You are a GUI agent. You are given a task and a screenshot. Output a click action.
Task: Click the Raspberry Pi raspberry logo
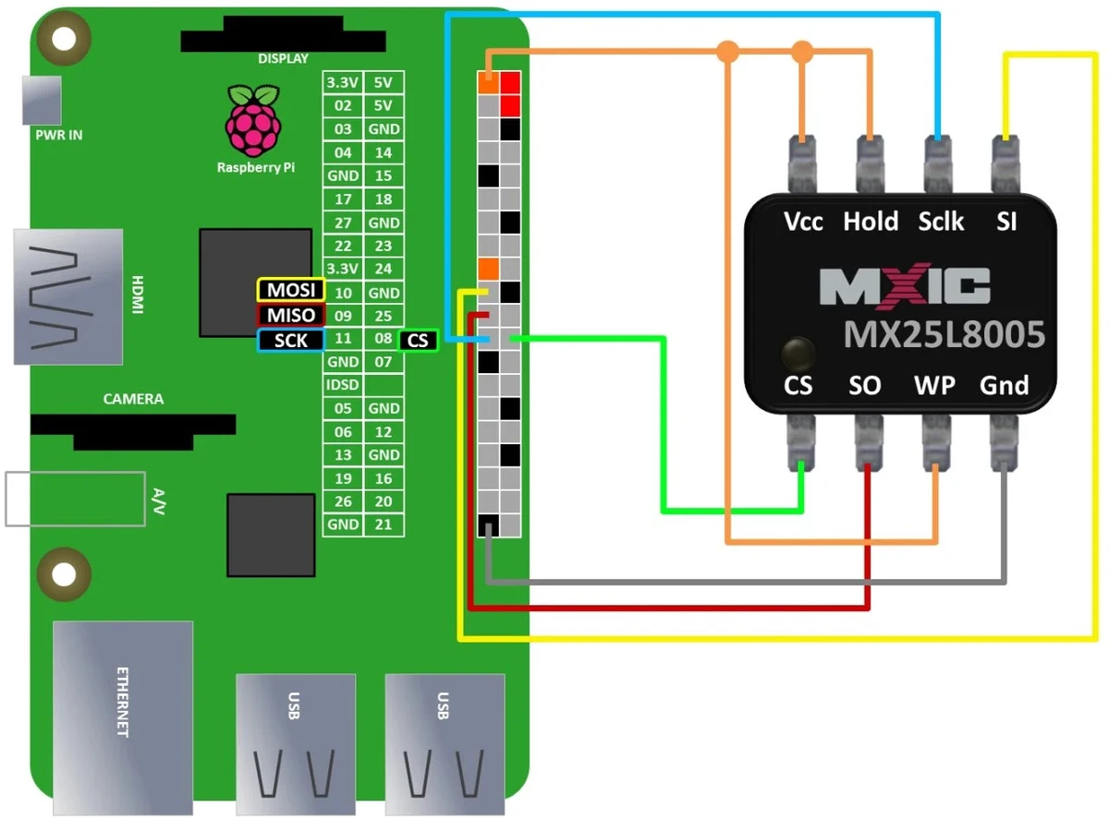pos(250,122)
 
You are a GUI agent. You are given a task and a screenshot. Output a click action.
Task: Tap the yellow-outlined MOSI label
pos(291,291)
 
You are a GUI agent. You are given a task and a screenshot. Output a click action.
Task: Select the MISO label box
pos(291,315)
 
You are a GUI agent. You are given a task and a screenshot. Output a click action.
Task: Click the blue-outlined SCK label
pos(291,340)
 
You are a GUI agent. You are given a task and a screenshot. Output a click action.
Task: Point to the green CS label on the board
pos(418,340)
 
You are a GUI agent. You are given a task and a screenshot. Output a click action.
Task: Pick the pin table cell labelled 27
pos(343,223)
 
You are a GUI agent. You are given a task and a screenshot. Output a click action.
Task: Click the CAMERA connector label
pos(133,400)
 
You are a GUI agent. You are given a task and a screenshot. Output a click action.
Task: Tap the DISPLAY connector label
pos(283,58)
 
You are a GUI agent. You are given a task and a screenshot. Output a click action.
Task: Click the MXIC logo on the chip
pos(906,287)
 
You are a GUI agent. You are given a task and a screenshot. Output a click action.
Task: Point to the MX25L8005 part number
pos(944,334)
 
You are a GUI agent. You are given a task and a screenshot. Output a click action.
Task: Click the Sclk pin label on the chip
pos(941,222)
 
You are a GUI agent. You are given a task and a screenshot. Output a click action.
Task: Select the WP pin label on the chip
pos(934,384)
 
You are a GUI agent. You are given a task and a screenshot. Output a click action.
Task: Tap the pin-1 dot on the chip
pos(798,352)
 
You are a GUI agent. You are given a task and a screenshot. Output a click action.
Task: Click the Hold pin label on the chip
pos(871,222)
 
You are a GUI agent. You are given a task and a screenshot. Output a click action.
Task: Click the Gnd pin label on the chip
pos(1004,384)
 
